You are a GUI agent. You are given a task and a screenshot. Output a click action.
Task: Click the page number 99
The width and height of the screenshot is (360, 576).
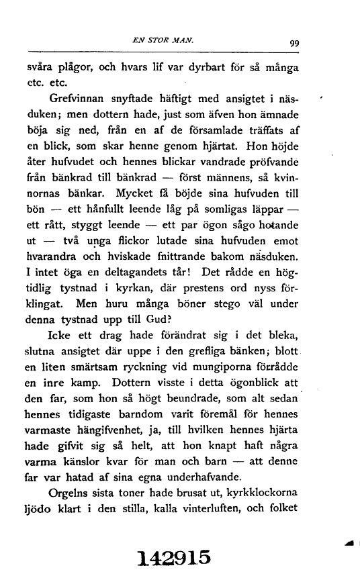pos(294,45)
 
